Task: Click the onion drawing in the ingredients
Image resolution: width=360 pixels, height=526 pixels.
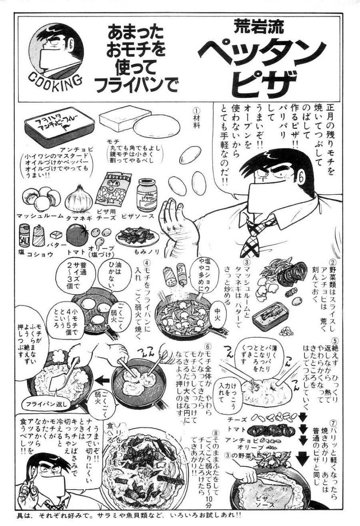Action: pos(79,198)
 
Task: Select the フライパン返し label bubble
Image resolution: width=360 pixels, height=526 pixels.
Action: pos(46,403)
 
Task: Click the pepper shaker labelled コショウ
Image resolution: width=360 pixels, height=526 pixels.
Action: pos(39,235)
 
